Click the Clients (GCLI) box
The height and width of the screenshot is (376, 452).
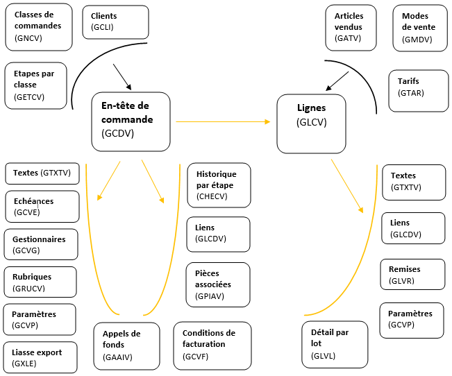tap(115, 22)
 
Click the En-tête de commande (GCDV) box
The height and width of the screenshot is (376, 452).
tap(131, 121)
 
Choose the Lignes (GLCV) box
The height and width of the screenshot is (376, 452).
tap(311, 123)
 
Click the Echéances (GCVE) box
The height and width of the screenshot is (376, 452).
tap(41, 206)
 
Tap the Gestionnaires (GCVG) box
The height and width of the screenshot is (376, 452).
tap(41, 244)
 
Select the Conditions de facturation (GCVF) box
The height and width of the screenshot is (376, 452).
tap(209, 344)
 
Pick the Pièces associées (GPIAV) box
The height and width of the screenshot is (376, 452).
tap(218, 284)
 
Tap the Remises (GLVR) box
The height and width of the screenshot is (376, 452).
tap(412, 274)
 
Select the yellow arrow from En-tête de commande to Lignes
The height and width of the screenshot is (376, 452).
tap(222, 121)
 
